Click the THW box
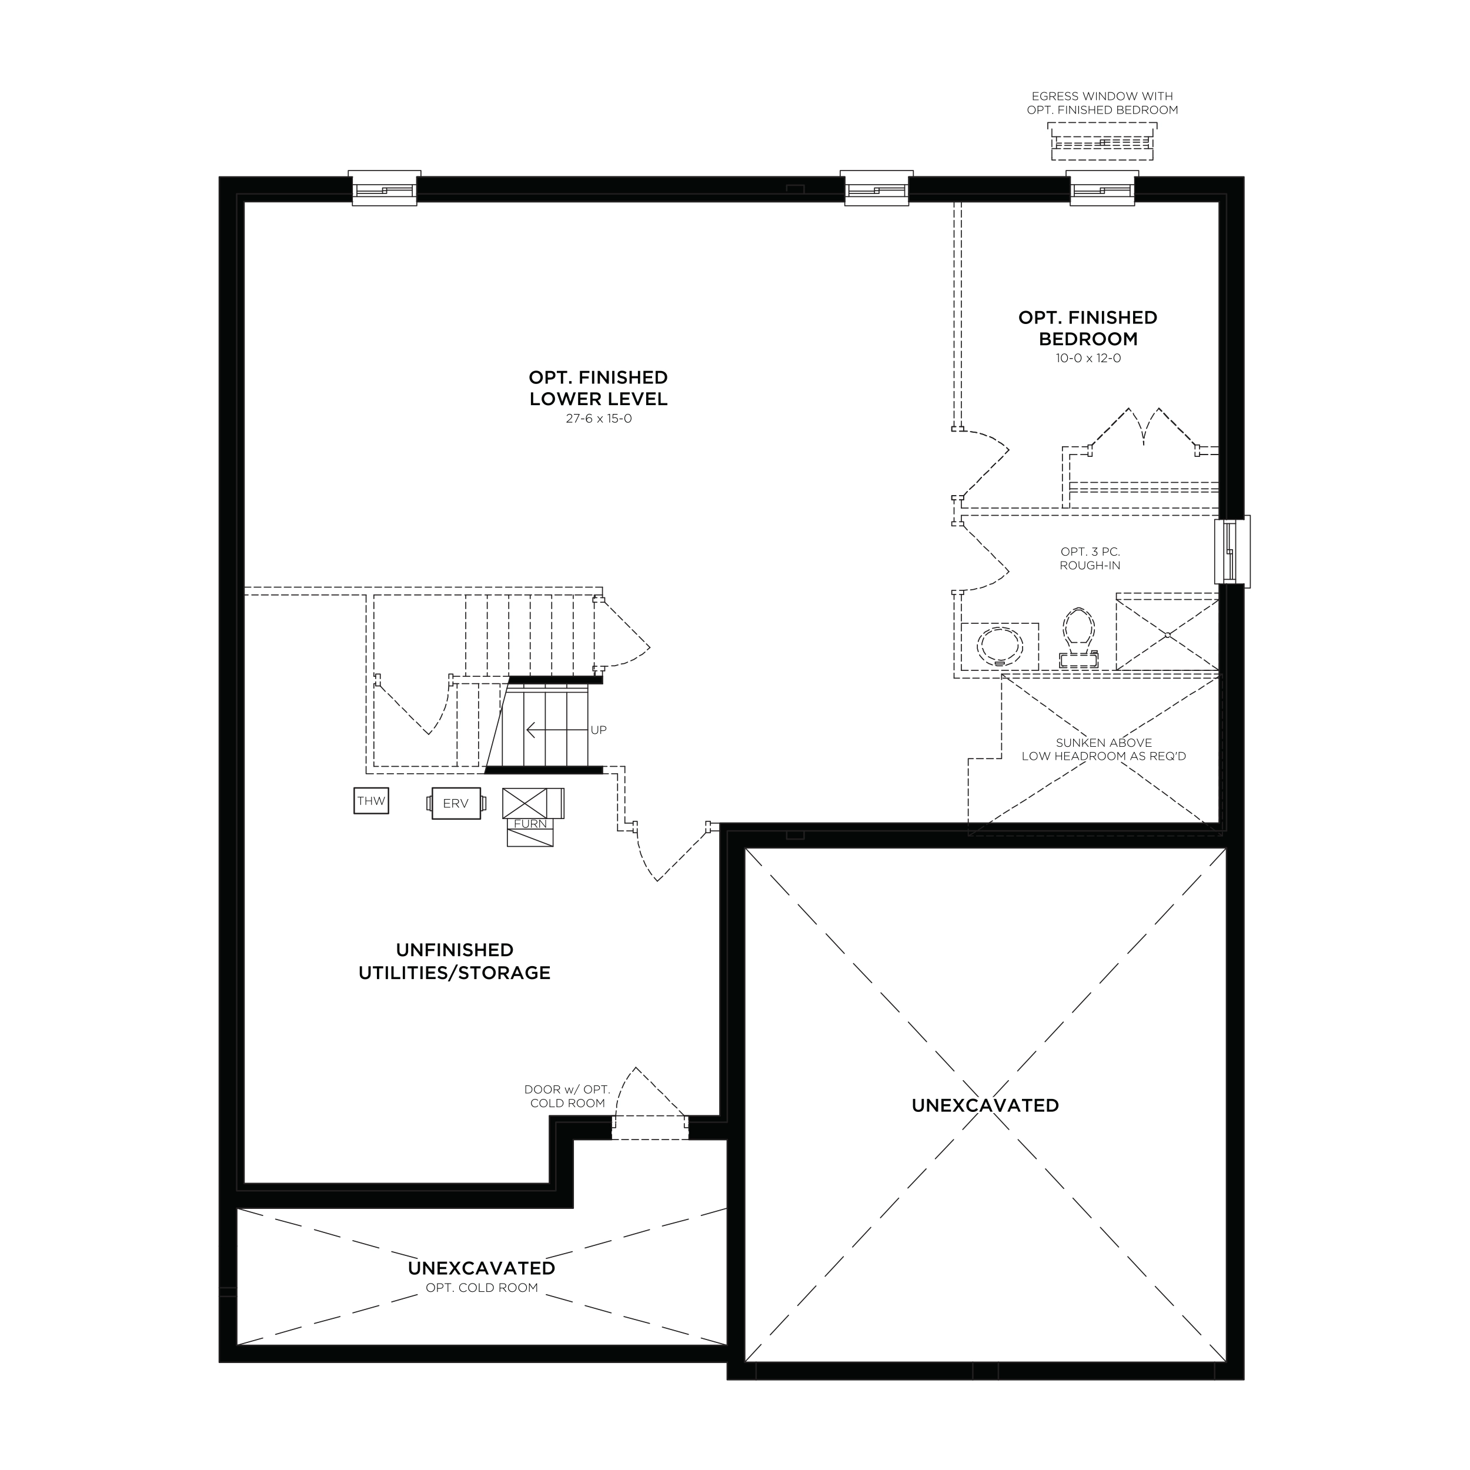pyautogui.click(x=371, y=800)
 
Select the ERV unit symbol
pyautogui.click(x=456, y=803)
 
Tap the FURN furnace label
pyautogui.click(x=530, y=824)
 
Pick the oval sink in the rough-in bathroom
pyautogui.click(x=1000, y=646)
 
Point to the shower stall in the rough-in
pyautogui.click(x=1167, y=632)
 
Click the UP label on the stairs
pyautogui.click(x=599, y=730)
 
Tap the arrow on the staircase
pyautogui.click(x=557, y=730)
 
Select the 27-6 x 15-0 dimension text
pyautogui.click(x=599, y=419)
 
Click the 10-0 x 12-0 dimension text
pyautogui.click(x=1088, y=358)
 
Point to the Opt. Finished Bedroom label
pyautogui.click(x=1088, y=328)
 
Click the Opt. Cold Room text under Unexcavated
pyautogui.click(x=482, y=1288)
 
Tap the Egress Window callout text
pyautogui.click(x=1102, y=103)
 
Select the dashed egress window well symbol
pyautogui.click(x=1102, y=143)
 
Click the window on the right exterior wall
pyautogui.click(x=1232, y=551)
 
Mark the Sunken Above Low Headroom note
pyautogui.click(x=1104, y=750)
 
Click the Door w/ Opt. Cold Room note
pyautogui.click(x=567, y=1097)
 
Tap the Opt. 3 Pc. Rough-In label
pyautogui.click(x=1090, y=559)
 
